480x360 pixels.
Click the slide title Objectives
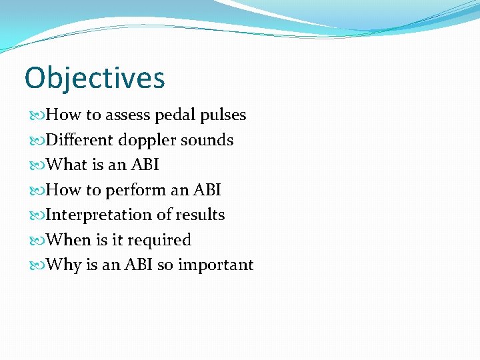tap(95, 78)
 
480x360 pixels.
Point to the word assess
tap(127, 115)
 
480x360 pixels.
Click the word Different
tap(79, 140)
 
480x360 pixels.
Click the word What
tap(67, 165)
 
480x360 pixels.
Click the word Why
tap(65, 265)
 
